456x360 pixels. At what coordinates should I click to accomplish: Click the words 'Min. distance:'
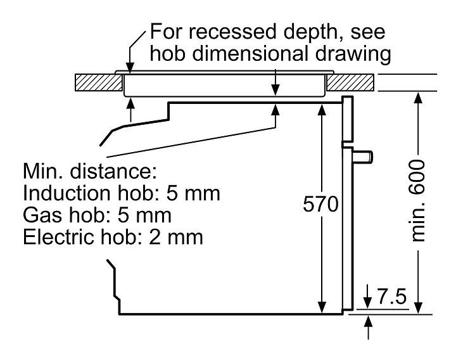89,172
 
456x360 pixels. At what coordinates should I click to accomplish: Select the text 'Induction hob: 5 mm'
122,193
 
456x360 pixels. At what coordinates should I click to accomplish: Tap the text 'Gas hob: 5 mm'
97,215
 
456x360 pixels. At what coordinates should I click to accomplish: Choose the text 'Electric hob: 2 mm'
113,237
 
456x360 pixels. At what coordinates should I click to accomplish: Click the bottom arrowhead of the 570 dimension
322,307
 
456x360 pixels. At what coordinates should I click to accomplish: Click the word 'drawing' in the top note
362,55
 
